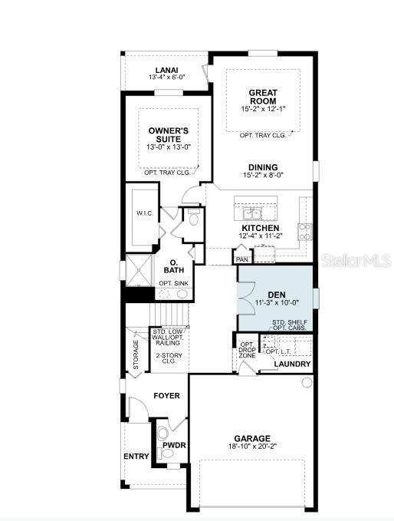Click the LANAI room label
[166, 71]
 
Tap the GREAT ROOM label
[263, 97]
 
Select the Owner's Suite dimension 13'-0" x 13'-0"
[169, 147]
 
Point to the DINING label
[263, 167]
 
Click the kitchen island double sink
[252, 213]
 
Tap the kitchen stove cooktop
[305, 232]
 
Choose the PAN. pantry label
[243, 259]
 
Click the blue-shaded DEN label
[277, 295]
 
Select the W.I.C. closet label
[145, 213]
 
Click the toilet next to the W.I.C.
[193, 217]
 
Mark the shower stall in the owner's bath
[140, 270]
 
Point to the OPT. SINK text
[173, 283]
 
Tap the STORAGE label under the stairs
[136, 354]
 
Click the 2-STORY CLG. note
[169, 358]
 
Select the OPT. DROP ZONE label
[248, 350]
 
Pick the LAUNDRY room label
[292, 364]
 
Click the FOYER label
[166, 396]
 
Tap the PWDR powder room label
[174, 445]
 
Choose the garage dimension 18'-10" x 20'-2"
[252, 447]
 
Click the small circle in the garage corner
[307, 382]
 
